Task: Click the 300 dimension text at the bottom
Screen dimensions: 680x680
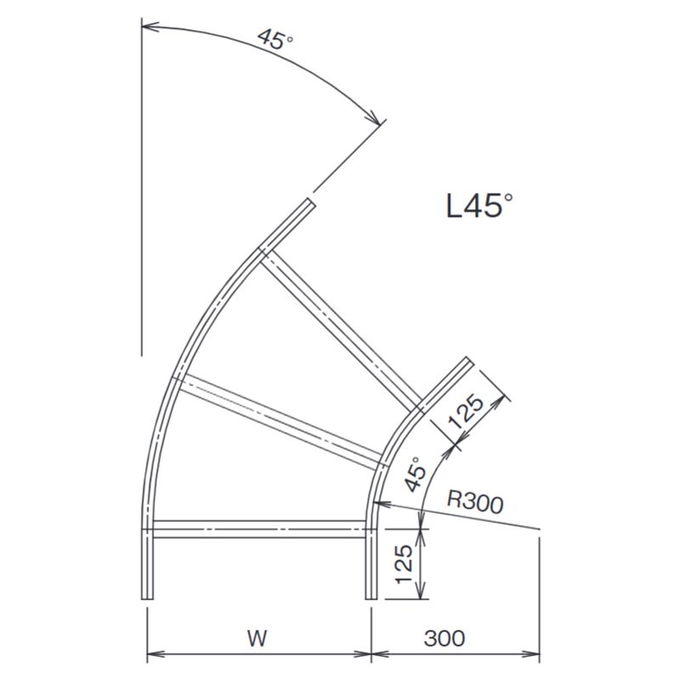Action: (x=445, y=637)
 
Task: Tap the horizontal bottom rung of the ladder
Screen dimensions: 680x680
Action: (x=259, y=532)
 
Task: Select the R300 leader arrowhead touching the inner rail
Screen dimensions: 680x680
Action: (x=377, y=504)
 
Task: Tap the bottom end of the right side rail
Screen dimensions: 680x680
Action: (x=371, y=597)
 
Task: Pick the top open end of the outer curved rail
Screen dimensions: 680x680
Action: (x=308, y=202)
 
